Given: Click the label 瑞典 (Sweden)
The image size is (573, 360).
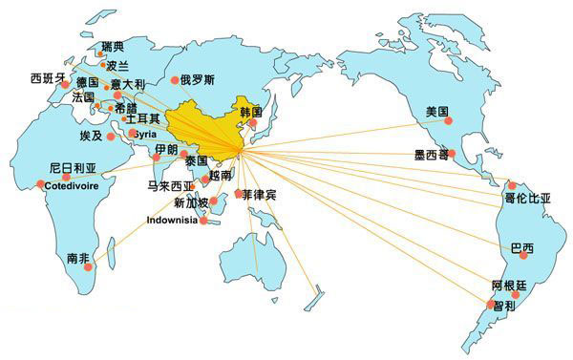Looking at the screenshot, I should tap(112, 47).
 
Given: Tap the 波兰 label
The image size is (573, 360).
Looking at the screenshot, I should tap(117, 66).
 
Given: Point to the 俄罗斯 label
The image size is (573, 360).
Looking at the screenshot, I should tap(197, 79).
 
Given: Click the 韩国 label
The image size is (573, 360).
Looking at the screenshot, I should tap(251, 113).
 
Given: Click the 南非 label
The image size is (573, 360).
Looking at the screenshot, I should tap(78, 258).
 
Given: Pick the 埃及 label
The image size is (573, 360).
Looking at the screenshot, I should tap(91, 137).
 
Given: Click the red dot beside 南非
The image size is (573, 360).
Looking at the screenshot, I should tap(89, 268).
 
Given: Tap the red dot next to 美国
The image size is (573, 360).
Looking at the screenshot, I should tap(447, 121).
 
